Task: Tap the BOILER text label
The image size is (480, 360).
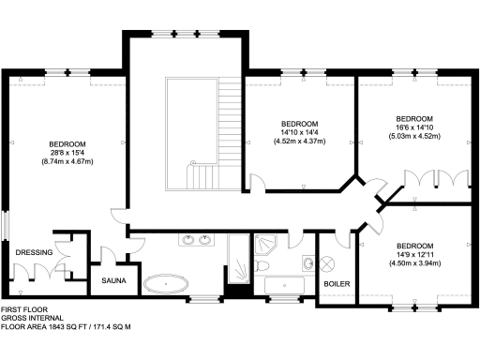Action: click(336, 282)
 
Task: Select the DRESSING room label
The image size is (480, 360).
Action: click(34, 251)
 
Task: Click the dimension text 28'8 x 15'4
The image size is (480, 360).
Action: click(67, 152)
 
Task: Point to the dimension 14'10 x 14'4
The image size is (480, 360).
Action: click(300, 133)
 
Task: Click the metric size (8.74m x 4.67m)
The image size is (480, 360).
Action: click(67, 161)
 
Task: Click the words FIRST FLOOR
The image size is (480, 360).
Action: click(24, 308)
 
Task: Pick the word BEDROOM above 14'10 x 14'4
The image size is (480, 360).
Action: click(300, 124)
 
